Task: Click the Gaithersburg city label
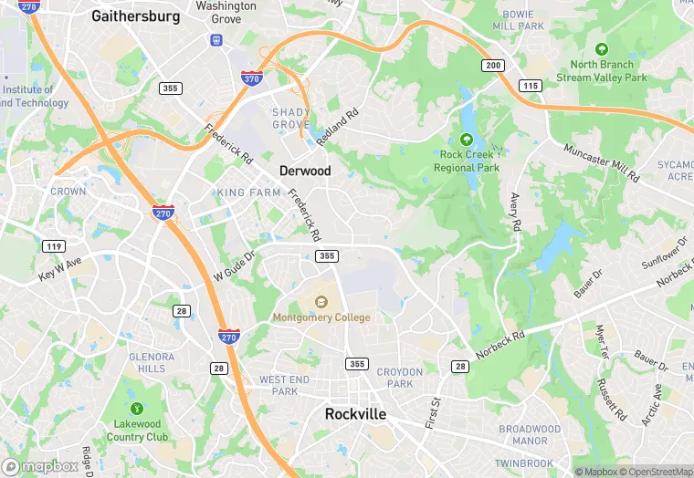tap(134, 16)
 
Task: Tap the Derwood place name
tap(305, 171)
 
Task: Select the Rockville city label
tap(355, 414)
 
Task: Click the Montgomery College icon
tap(321, 302)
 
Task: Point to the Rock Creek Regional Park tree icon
tap(467, 140)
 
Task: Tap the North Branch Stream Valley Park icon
tap(601, 49)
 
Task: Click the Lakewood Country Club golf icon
tap(137, 408)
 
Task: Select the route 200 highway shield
tap(493, 66)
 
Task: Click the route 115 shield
tap(530, 85)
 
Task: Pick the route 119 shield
tap(52, 246)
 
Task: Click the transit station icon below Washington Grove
tap(216, 40)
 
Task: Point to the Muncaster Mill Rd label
tap(601, 161)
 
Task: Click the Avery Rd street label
tap(515, 212)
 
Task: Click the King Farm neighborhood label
tap(248, 192)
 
